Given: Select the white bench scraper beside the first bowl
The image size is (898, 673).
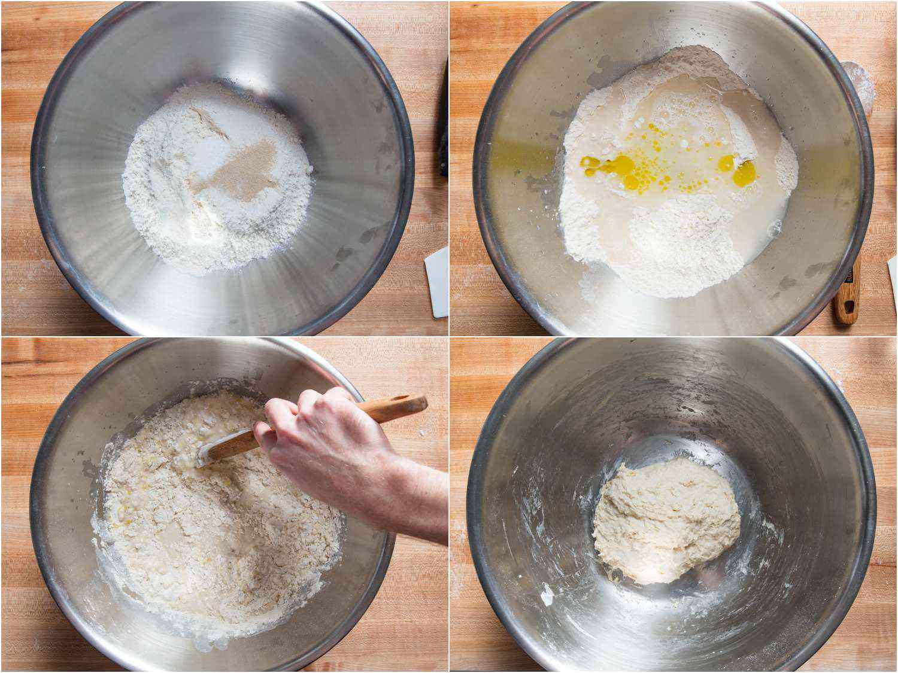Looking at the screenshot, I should [438, 281].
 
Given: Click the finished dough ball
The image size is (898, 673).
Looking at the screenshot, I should [665, 520].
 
